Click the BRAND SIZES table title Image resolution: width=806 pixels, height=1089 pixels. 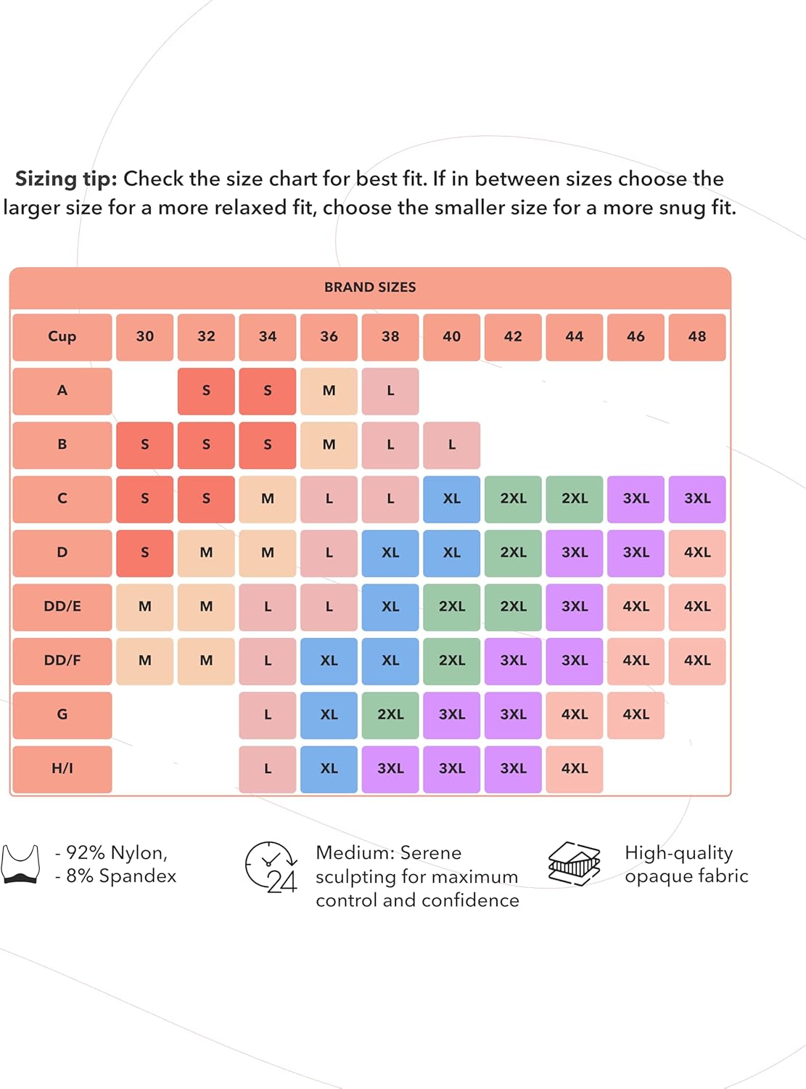pyautogui.click(x=370, y=287)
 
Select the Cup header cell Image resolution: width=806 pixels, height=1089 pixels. pyautogui.click(x=62, y=336)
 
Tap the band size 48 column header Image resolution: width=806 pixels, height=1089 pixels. pyautogui.click(x=697, y=336)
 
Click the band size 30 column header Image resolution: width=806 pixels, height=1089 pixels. pyautogui.click(x=145, y=336)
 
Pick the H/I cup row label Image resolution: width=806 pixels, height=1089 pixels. pyautogui.click(x=62, y=768)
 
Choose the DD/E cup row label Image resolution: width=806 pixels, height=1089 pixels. pyautogui.click(x=62, y=606)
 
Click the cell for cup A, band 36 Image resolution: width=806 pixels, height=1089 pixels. pyautogui.click(x=329, y=391)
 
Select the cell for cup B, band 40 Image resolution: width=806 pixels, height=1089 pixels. pyautogui.click(x=452, y=444)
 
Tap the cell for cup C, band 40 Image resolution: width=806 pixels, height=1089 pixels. pyautogui.click(x=452, y=499)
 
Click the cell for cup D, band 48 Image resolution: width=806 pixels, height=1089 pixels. pyautogui.click(x=697, y=552)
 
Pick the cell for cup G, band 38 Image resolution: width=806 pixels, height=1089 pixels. pyautogui.click(x=390, y=714)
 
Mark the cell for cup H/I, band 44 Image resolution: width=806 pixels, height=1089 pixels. pyautogui.click(x=575, y=768)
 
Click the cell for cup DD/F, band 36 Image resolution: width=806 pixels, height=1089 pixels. pyautogui.click(x=329, y=661)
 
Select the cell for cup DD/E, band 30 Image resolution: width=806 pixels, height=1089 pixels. pyautogui.click(x=145, y=606)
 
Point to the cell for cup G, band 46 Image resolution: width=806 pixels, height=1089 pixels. pyautogui.click(x=636, y=714)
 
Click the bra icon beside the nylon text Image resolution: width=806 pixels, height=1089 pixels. pyautogui.click(x=20, y=864)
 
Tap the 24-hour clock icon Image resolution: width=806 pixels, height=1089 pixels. pyautogui.click(x=271, y=867)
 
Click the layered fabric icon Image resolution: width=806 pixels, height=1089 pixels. pyautogui.click(x=575, y=864)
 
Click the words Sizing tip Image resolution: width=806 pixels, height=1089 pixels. pyautogui.click(x=66, y=179)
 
